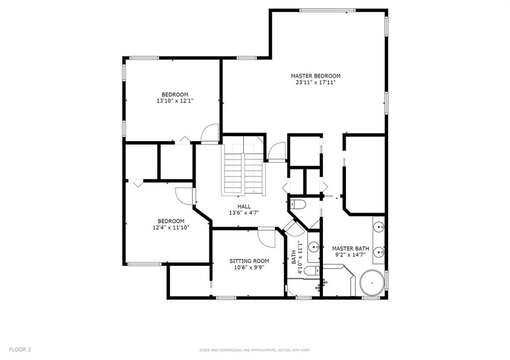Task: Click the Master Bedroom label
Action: point(315,76)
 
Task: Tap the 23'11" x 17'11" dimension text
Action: point(315,83)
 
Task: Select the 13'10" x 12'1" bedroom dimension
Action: point(175,101)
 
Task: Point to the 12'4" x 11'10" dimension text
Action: point(171,228)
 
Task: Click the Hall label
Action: point(244,207)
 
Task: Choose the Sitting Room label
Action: point(249,261)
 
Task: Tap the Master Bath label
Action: point(351,248)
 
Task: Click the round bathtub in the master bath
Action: point(372,283)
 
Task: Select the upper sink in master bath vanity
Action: point(379,227)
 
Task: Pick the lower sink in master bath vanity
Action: point(379,252)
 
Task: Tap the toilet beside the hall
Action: point(298,204)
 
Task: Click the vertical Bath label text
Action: point(294,257)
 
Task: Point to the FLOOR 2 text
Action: point(20,350)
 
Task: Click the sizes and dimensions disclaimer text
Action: point(255,350)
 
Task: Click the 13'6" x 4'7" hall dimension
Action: point(244,213)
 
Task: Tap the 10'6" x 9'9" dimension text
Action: point(249,268)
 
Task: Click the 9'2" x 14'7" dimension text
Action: point(351,255)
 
